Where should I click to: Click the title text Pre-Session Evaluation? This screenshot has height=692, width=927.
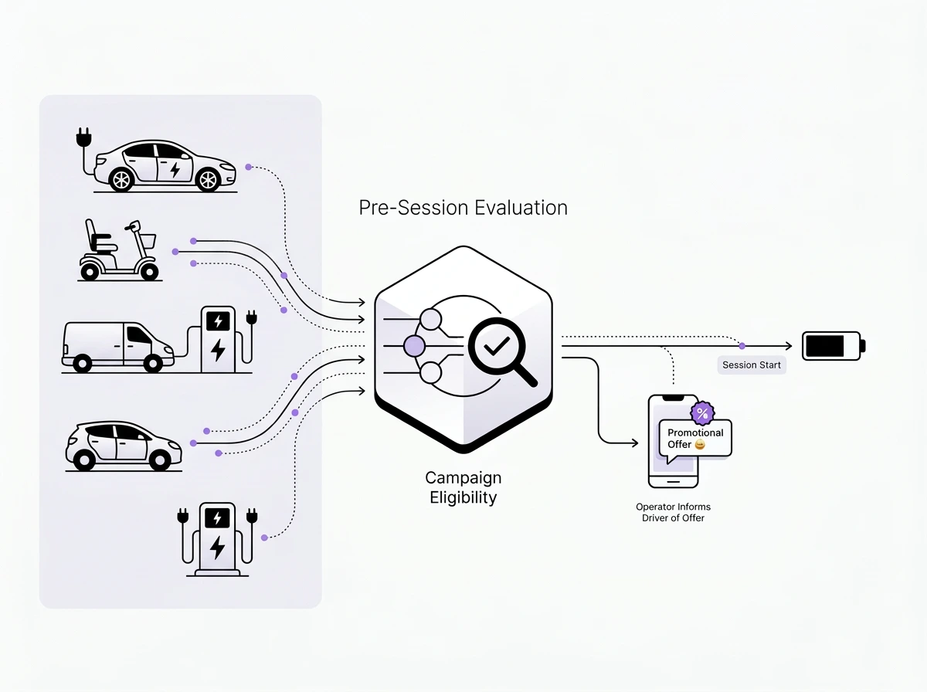[463, 208]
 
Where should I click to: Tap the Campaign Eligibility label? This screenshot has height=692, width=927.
[463, 487]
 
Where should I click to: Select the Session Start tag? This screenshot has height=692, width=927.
[751, 365]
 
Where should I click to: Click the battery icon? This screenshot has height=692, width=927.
[833, 345]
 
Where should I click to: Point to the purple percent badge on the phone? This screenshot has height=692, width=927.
[701, 413]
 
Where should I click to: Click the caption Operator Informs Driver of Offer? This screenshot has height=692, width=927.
[673, 512]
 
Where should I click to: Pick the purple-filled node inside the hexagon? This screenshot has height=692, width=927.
[414, 345]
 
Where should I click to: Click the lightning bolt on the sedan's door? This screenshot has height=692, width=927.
[175, 169]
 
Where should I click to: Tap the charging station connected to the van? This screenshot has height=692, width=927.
[219, 340]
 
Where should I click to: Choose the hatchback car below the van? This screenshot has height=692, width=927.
[124, 446]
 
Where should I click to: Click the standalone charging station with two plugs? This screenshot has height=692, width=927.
[217, 539]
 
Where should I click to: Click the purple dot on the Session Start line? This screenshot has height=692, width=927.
[742, 345]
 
